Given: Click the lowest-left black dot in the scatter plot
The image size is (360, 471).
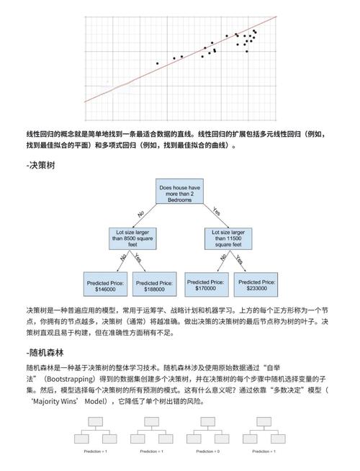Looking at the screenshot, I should [157, 63].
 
